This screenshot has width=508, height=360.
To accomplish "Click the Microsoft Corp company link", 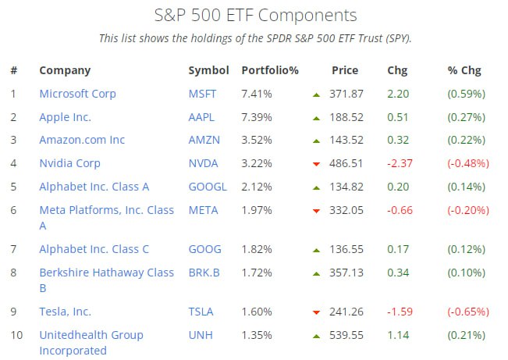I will [x=77, y=94].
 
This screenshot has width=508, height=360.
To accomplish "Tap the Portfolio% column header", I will [x=270, y=70].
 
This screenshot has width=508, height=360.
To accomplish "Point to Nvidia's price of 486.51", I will [x=347, y=163].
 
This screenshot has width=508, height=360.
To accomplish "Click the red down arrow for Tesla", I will [x=316, y=312].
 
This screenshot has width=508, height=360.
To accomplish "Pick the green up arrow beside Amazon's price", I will [x=316, y=141].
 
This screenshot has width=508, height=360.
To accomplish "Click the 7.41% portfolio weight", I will [x=257, y=94].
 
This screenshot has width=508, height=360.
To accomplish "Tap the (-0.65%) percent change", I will [x=468, y=312].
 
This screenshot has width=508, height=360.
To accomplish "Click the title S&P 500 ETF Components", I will [x=254, y=16].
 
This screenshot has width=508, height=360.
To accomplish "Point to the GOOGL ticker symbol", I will [x=208, y=187].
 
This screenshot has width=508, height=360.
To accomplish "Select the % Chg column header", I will [x=464, y=70].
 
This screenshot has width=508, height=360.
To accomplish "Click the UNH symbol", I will [x=200, y=335].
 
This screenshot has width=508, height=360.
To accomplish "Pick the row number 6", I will [x=13, y=210].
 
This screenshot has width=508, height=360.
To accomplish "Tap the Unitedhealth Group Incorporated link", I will [x=91, y=342].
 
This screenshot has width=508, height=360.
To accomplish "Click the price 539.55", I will [x=347, y=335].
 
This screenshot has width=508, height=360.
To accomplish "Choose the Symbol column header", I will [x=208, y=70].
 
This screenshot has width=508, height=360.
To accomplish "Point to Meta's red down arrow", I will [x=316, y=211].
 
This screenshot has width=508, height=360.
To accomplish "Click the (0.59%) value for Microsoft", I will [x=466, y=94].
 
